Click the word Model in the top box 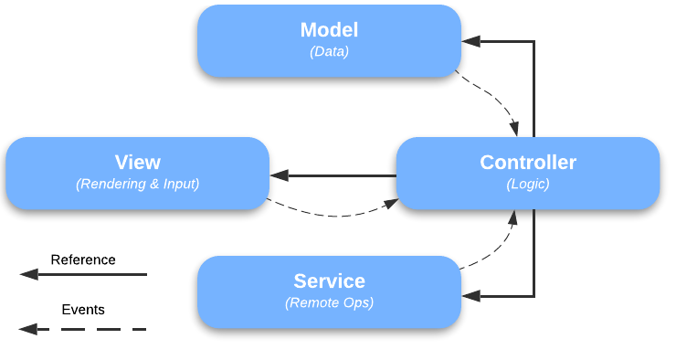[x=329, y=30]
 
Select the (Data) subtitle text [x=329, y=52]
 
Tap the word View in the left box [x=137, y=163]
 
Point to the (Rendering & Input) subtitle [x=137, y=184]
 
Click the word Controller [x=528, y=163]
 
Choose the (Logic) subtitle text [x=528, y=184]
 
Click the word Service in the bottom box [x=329, y=281]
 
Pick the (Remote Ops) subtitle [x=329, y=302]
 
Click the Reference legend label [x=83, y=259]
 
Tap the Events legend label [x=83, y=310]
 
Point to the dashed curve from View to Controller [x=333, y=215]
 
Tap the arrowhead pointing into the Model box [x=470, y=42]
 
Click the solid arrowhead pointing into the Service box [x=470, y=296]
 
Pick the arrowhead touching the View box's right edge [x=279, y=175]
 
